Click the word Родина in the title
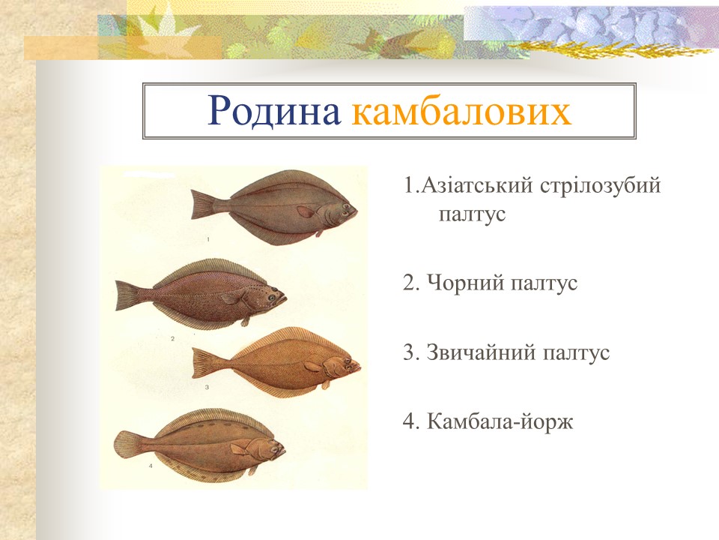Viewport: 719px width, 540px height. [x=273, y=112]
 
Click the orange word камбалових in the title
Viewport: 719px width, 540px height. [x=461, y=112]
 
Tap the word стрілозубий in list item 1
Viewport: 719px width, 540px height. [x=600, y=185]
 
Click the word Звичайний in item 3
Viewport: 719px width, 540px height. [x=477, y=352]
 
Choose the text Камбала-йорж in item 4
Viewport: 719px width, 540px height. [x=500, y=421]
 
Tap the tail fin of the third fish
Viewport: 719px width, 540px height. [x=204, y=364]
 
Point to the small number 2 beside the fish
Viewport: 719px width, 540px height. [x=172, y=339]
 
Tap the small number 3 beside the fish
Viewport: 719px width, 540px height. [x=207, y=388]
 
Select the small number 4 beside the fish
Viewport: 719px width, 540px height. [x=151, y=466]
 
